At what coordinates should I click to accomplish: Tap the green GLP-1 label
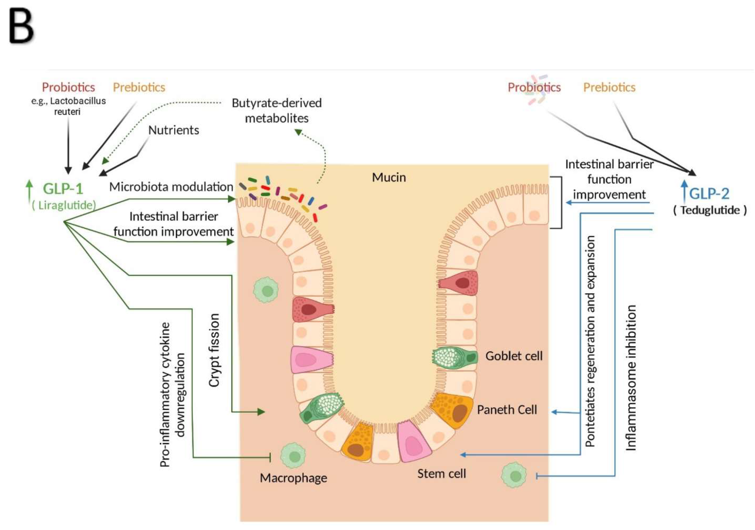[x=63, y=189]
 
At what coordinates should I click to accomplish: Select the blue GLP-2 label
[x=709, y=193]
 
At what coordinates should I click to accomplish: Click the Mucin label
[x=389, y=177]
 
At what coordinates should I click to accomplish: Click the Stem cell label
[x=442, y=474]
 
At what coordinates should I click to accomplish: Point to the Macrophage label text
[x=293, y=478]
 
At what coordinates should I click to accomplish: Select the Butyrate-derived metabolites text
[x=277, y=111]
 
